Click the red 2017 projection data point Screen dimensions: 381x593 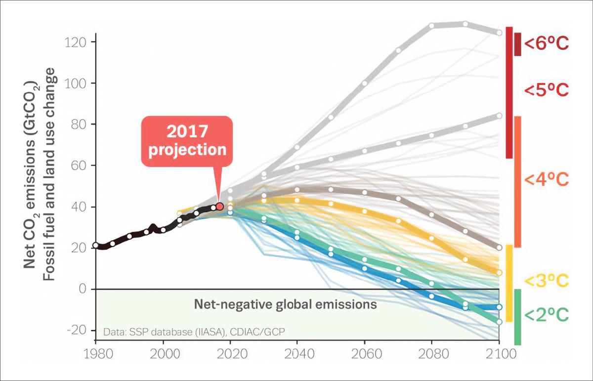coord(220,206)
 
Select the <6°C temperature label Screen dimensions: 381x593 coord(547,43)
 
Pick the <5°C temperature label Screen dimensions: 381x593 coord(547,90)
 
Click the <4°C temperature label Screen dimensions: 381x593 coord(547,180)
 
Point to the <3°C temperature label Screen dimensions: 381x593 coord(547,281)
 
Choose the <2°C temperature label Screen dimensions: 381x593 coord(547,314)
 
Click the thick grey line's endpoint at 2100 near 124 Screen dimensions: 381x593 coord(499,33)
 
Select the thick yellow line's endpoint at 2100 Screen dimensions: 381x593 coord(499,272)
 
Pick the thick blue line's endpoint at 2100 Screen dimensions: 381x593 coord(499,307)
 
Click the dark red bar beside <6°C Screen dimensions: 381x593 coord(517,44)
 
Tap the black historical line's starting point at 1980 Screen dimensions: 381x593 coord(96,245)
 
